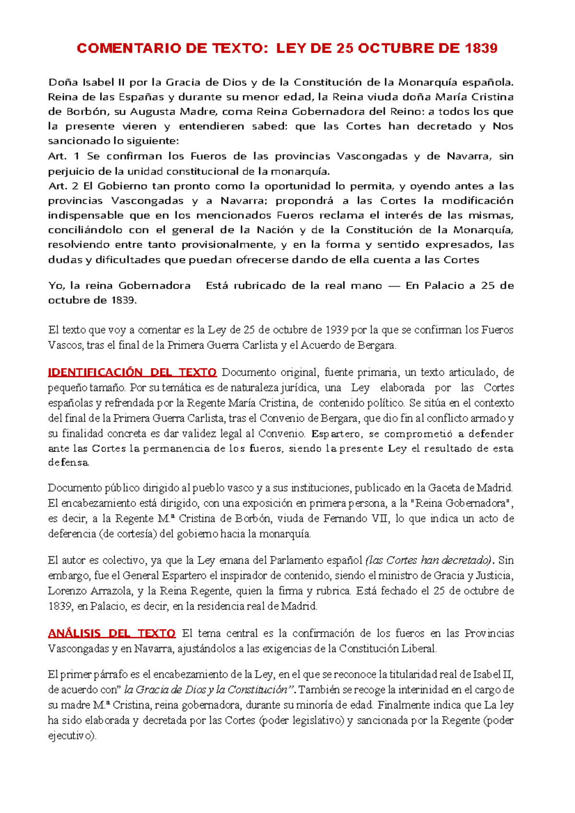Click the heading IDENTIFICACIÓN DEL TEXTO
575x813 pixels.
tap(132, 372)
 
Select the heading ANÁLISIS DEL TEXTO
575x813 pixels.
tap(112, 633)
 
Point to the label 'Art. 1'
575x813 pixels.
tap(63, 156)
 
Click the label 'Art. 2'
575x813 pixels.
tap(63, 186)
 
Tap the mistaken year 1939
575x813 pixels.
tap(337, 330)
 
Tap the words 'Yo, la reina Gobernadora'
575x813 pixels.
tap(119, 286)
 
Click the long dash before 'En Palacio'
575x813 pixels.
tap(393, 286)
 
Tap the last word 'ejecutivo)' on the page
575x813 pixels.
tap(72, 736)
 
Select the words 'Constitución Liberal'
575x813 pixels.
tap(388, 649)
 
